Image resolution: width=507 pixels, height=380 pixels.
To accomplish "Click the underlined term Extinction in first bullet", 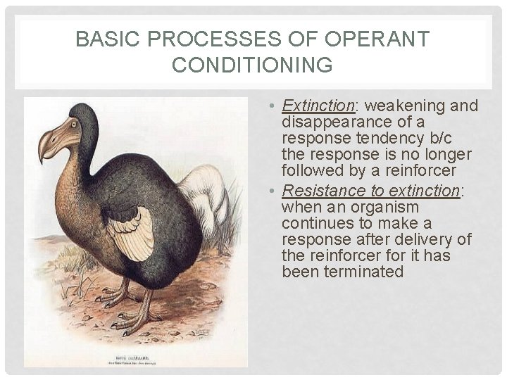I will click(318, 106).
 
